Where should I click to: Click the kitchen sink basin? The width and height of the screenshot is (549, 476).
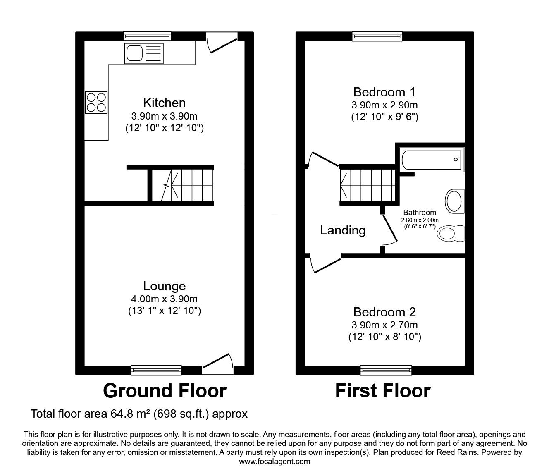point(135,53)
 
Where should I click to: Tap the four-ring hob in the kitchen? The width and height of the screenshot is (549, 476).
point(96,102)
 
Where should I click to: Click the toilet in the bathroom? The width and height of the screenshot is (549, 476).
point(451,233)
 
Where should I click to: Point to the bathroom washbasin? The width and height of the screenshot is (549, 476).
point(454,201)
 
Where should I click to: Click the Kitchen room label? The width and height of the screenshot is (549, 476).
point(165,103)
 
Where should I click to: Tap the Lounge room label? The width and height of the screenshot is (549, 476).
point(165,286)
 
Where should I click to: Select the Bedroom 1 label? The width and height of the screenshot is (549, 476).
point(384,92)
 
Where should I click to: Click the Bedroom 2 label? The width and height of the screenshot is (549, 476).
point(384,312)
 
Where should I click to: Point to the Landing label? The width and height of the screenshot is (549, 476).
point(343,230)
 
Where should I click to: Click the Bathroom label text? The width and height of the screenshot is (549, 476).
point(420,212)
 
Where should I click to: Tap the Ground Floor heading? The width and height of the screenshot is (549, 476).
point(165,391)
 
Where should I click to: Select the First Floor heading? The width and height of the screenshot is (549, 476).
point(383,391)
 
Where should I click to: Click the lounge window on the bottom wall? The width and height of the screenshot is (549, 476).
point(156,370)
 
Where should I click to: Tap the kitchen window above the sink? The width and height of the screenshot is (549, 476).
point(148,36)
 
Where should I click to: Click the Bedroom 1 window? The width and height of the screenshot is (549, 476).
point(377,36)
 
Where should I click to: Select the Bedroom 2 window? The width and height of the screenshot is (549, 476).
point(386,370)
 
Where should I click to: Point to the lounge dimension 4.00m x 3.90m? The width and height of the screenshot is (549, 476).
point(165,299)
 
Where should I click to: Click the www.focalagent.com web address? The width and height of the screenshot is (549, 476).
point(274,462)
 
